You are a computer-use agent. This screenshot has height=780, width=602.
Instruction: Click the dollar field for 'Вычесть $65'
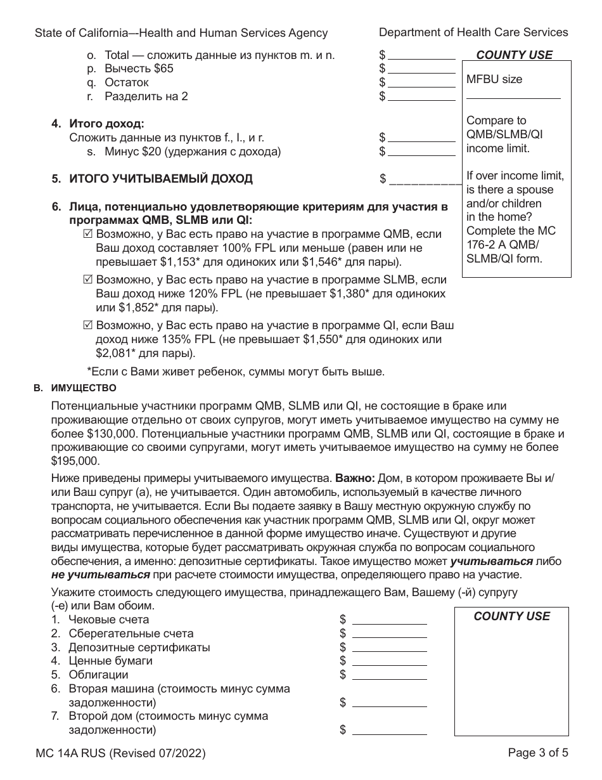(x=421, y=68)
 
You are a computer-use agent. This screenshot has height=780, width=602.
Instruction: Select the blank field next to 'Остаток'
(x=421, y=82)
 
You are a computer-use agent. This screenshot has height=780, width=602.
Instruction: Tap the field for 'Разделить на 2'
(x=421, y=96)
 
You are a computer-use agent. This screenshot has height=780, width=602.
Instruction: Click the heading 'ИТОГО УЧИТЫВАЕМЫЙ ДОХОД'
(x=160, y=179)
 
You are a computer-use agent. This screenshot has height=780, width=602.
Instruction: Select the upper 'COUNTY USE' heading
(x=514, y=55)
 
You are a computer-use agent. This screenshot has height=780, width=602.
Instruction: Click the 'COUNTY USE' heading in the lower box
(x=511, y=616)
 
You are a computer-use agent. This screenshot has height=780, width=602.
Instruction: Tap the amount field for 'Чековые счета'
(x=389, y=620)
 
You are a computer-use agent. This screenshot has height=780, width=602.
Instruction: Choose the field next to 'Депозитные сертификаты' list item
(x=389, y=647)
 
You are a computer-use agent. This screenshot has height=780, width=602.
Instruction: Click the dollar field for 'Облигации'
(x=389, y=675)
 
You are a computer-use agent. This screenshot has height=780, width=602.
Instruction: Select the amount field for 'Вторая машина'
(x=389, y=703)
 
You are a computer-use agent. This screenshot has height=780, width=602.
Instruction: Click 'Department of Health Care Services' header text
(x=473, y=32)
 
